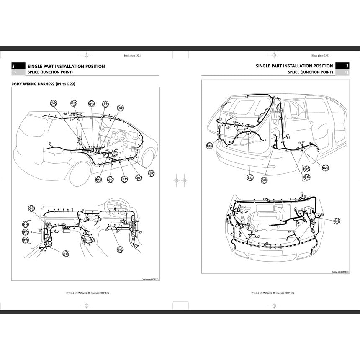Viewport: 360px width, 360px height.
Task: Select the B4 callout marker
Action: pos(120,108)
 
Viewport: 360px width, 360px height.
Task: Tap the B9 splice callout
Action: pos(151,172)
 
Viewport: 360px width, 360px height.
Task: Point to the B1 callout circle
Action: pos(124,179)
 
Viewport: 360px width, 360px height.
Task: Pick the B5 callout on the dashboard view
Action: pos(31,208)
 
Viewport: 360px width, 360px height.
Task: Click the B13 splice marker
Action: pos(66,254)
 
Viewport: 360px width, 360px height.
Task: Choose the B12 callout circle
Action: pos(120,249)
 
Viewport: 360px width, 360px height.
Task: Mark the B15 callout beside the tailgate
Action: pos(209,146)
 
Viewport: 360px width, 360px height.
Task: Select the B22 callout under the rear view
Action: pos(250,177)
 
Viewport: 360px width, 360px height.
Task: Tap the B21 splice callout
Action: pos(326,168)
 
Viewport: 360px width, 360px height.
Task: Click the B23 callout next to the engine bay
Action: pos(337,221)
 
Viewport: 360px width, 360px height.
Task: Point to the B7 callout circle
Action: pos(307,169)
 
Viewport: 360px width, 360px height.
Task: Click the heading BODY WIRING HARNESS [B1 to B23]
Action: pos(46,84)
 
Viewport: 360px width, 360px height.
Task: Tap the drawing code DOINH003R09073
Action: pos(340,272)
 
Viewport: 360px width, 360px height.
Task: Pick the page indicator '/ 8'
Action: pos(346,72)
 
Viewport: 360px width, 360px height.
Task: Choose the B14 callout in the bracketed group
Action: pos(26,224)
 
